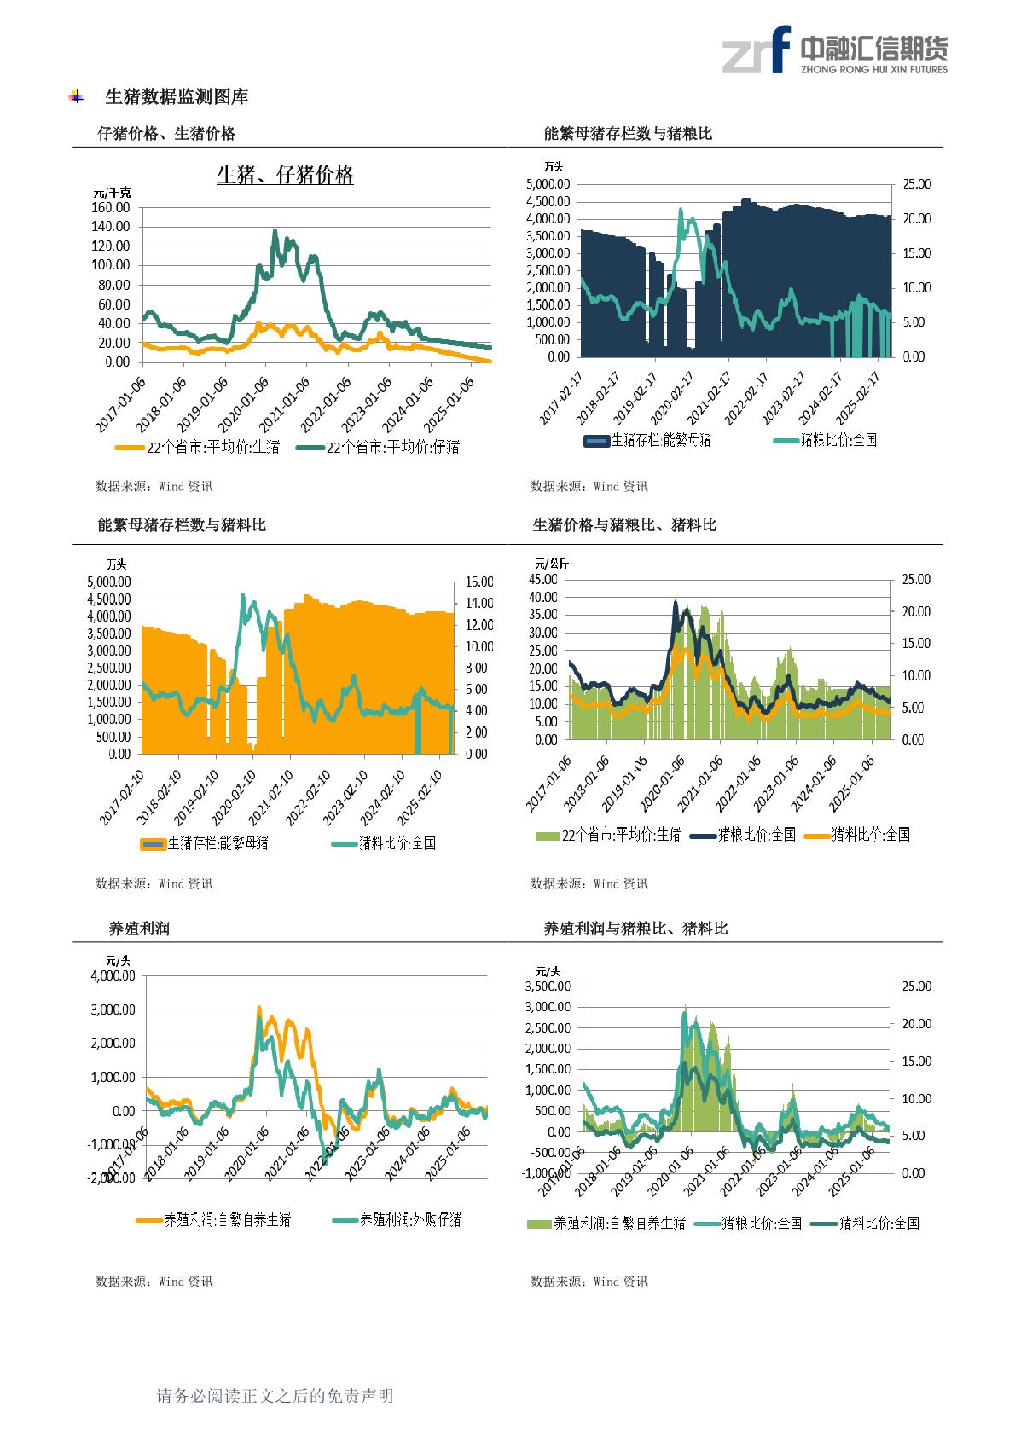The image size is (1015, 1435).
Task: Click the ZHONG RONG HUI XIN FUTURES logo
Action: pyautogui.click(x=834, y=49)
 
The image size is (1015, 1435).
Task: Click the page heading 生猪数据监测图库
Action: pyautogui.click(x=176, y=97)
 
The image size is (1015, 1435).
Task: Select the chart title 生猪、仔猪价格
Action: pyautogui.click(x=285, y=176)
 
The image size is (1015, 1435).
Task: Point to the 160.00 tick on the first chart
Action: pyautogui.click(x=110, y=207)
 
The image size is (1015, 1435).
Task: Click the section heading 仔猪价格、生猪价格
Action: pyautogui.click(x=166, y=133)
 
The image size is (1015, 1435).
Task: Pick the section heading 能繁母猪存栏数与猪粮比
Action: pyautogui.click(x=628, y=133)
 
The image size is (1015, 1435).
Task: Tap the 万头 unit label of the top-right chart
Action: pyautogui.click(x=554, y=167)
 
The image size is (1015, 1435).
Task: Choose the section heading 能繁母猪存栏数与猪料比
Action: pyautogui.click(x=182, y=525)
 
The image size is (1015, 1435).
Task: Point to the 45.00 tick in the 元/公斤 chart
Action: pyautogui.click(x=542, y=580)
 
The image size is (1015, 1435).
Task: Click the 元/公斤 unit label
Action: pyautogui.click(x=552, y=564)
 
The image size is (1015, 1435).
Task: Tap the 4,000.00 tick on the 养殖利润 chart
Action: pyautogui.click(x=113, y=976)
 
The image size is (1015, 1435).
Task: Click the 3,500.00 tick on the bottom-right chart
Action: pyautogui.click(x=547, y=987)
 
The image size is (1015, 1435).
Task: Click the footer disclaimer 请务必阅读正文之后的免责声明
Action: pyautogui.click(x=275, y=1396)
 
